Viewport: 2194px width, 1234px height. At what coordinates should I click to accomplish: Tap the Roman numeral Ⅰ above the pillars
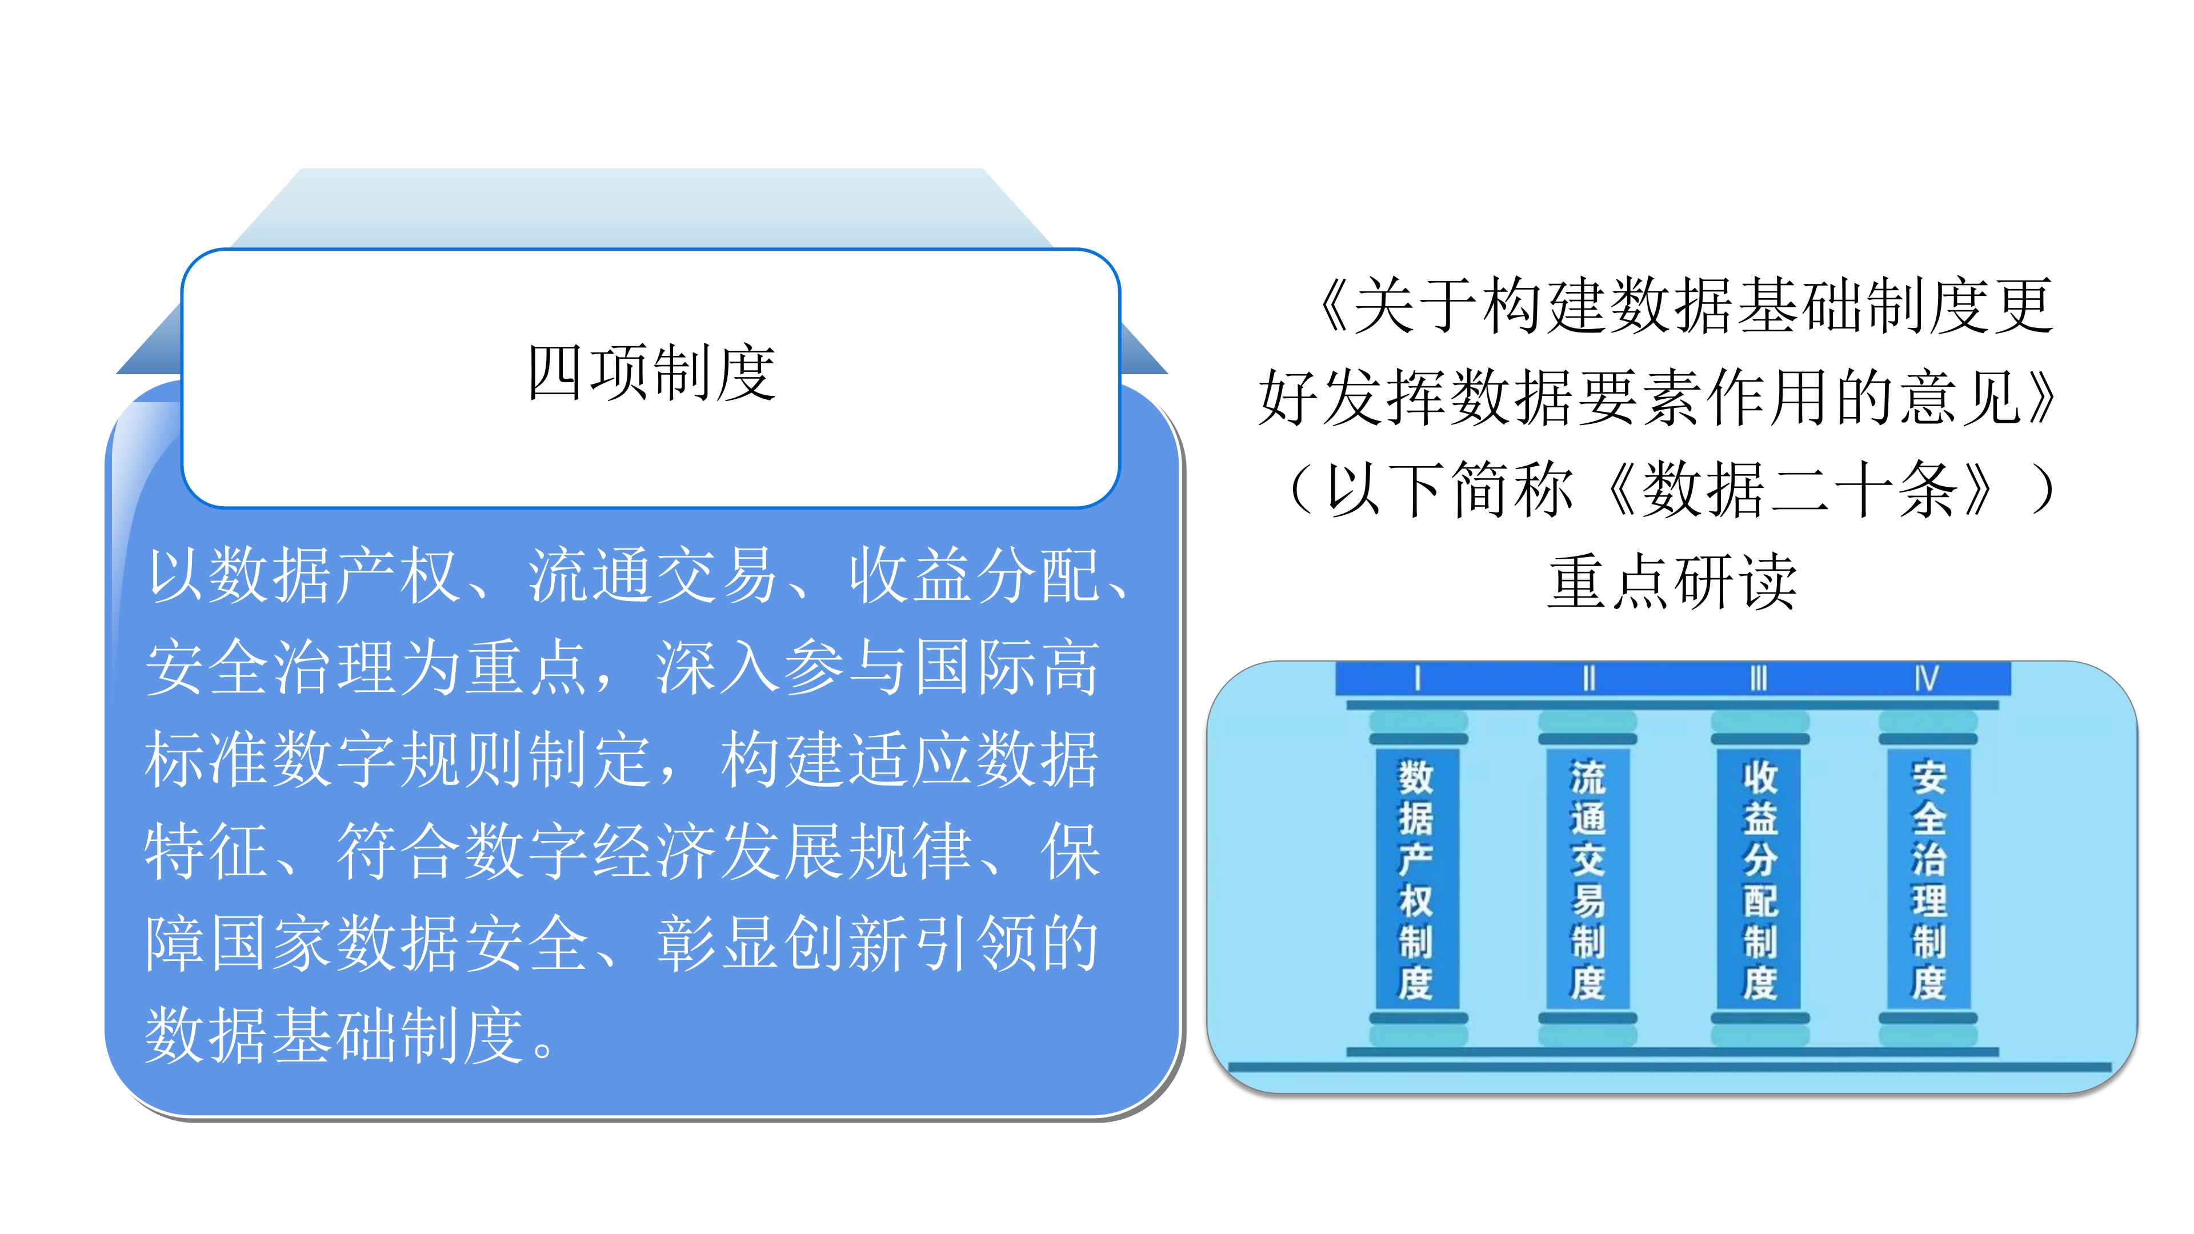(1417, 679)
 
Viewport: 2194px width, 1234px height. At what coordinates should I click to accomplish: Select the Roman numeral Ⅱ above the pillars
(1588, 679)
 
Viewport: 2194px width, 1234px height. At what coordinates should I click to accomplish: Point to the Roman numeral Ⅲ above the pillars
(1759, 679)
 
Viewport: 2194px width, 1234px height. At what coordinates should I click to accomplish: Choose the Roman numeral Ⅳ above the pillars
(1927, 679)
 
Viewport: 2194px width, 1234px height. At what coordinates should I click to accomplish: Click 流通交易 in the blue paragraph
(652, 576)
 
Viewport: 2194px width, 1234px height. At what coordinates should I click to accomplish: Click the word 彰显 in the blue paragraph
(720, 944)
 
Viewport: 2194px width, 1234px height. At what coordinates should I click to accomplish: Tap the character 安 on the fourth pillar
(1928, 777)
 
